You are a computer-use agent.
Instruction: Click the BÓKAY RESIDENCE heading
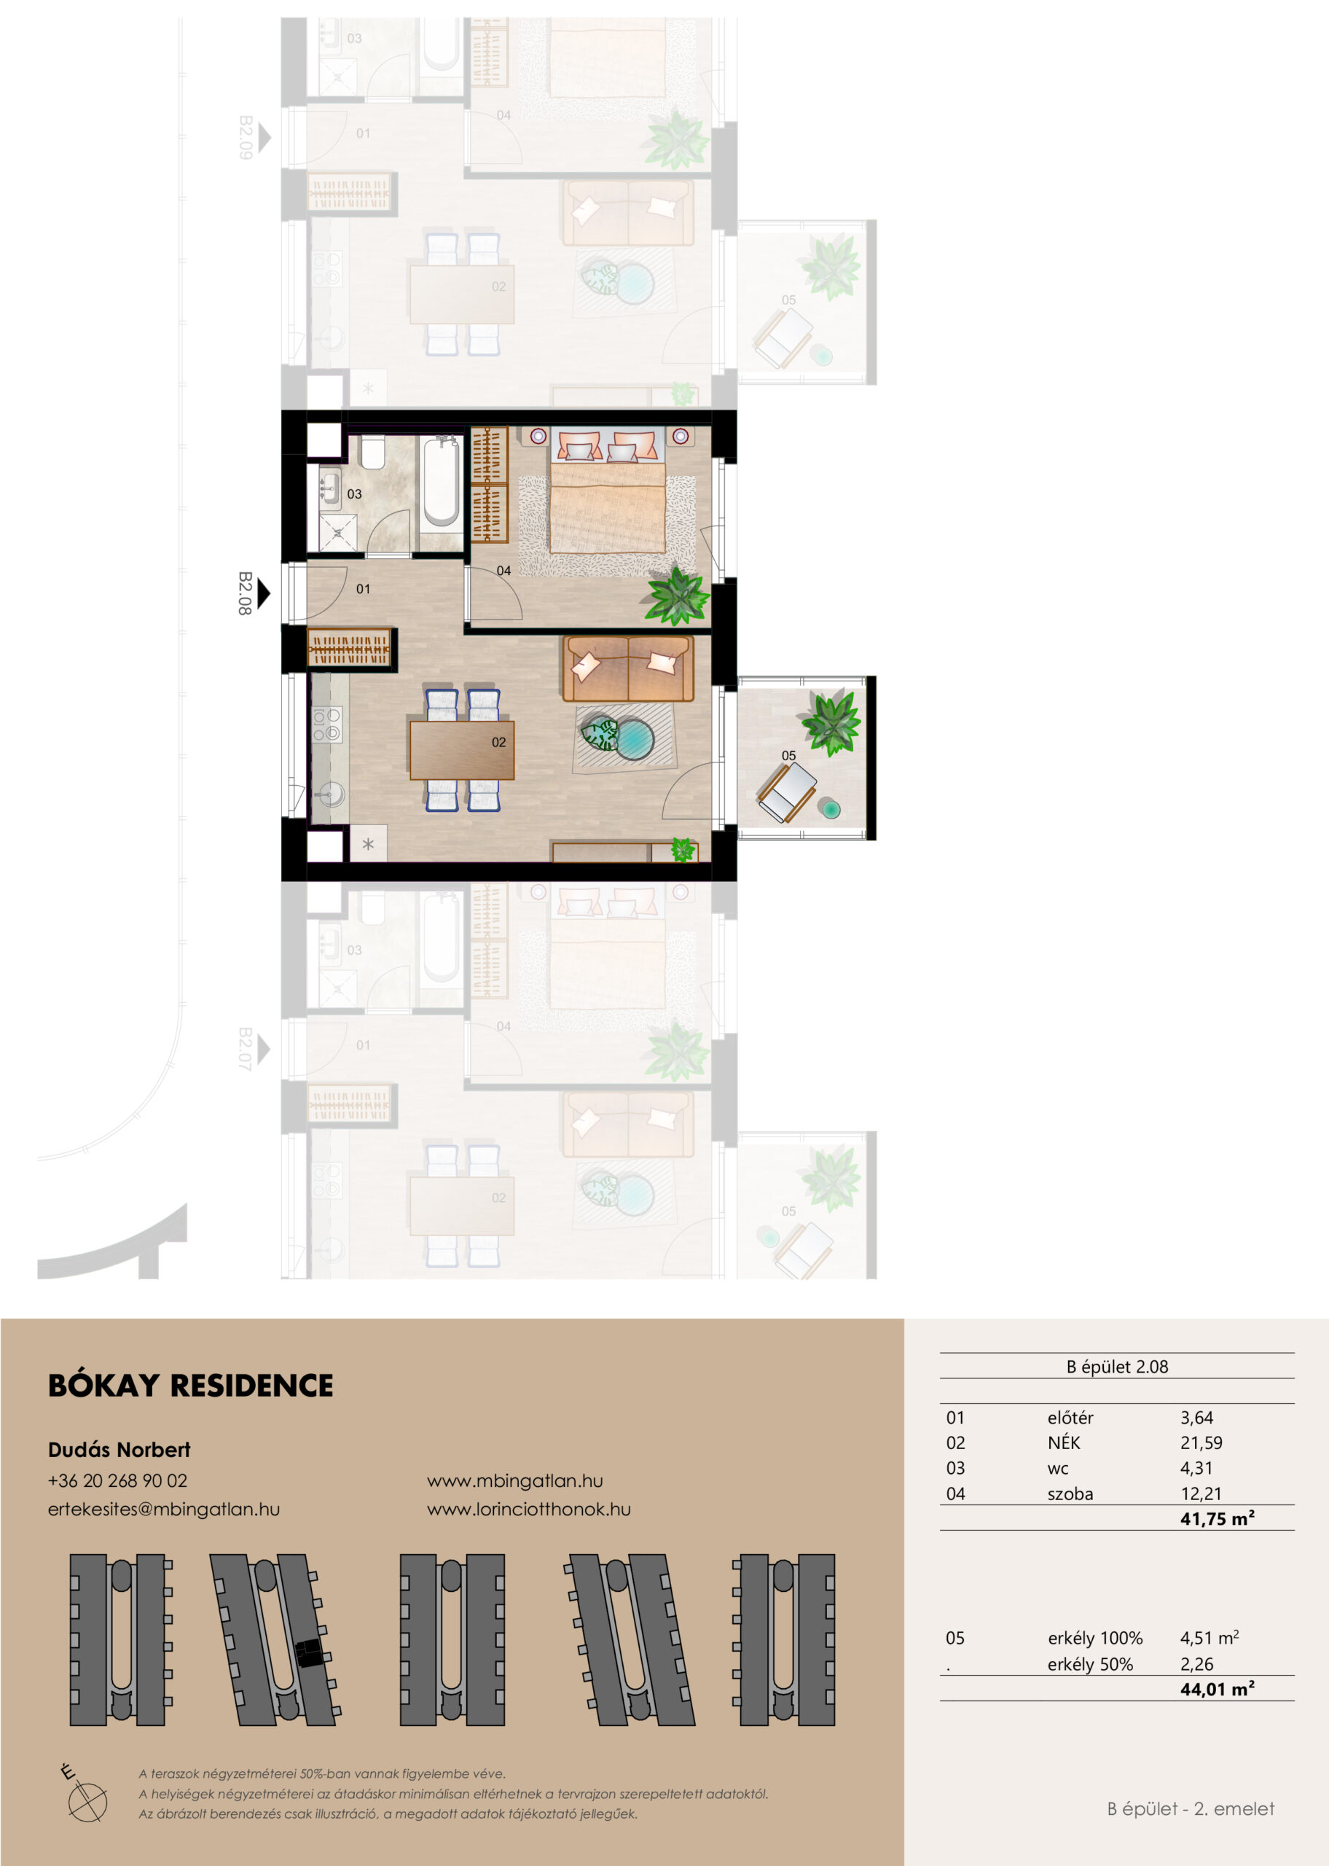(x=191, y=1386)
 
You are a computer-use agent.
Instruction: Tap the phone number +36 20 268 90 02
(x=118, y=1480)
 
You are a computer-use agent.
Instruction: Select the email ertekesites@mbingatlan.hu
(x=164, y=1509)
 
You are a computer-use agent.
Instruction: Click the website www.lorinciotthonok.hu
(x=529, y=1509)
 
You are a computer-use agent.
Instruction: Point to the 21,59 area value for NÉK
(x=1201, y=1443)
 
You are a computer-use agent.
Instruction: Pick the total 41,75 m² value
(x=1217, y=1519)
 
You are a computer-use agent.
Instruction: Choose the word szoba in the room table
(x=1070, y=1494)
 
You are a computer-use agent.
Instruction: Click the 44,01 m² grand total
(x=1217, y=1689)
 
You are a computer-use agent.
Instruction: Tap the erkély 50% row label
(x=1090, y=1664)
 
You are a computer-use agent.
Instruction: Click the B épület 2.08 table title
(x=1117, y=1367)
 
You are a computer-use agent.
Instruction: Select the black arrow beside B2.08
(x=264, y=593)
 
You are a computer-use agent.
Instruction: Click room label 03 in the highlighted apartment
(x=354, y=494)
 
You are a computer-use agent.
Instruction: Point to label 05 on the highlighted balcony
(x=789, y=755)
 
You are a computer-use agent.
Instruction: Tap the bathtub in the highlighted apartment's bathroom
(x=440, y=481)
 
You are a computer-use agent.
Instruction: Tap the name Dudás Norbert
(x=119, y=1449)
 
